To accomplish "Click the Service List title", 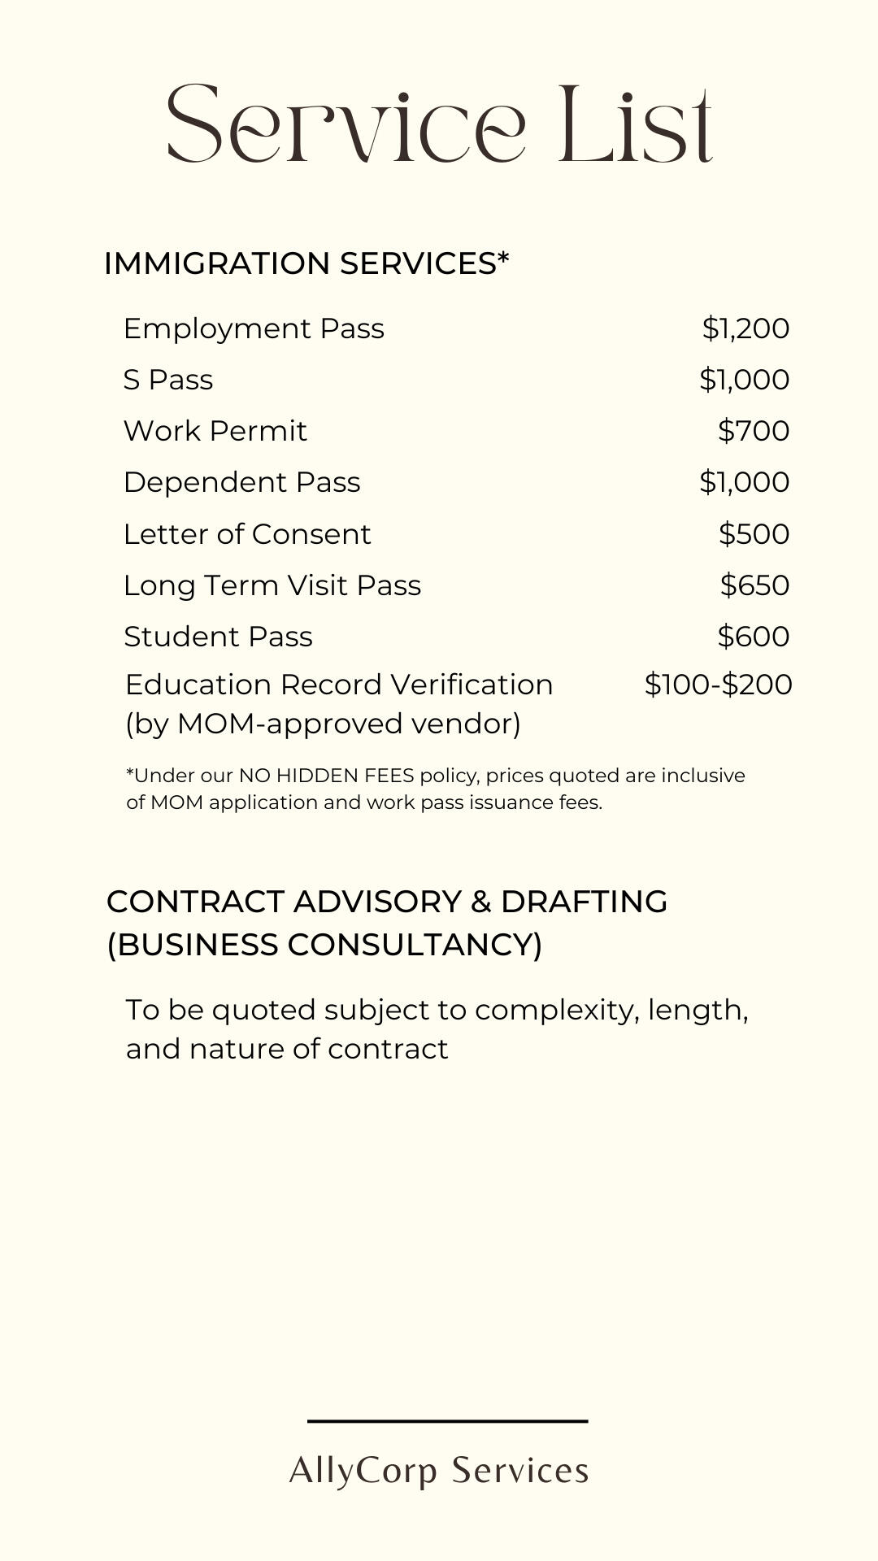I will click(439, 124).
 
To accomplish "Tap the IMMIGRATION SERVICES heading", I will click(306, 263).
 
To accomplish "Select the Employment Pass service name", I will click(254, 328).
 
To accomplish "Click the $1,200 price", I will click(745, 328).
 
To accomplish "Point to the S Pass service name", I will click(168, 380).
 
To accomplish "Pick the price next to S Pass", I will click(744, 380).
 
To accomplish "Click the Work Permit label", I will click(215, 431).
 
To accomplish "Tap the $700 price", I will click(754, 431).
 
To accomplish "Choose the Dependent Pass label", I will click(241, 482).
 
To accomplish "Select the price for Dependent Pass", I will click(744, 482).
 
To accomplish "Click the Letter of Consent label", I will click(247, 534).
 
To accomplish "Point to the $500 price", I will click(754, 534).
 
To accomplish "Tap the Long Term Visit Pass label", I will click(272, 585).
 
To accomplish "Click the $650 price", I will click(754, 585).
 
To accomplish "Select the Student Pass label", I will click(218, 637).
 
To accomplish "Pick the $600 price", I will click(754, 637).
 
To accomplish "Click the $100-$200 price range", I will click(718, 685).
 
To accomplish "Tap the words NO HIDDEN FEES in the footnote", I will click(326, 776).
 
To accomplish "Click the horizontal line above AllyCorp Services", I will click(447, 1421).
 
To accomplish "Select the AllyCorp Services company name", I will click(439, 1471).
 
